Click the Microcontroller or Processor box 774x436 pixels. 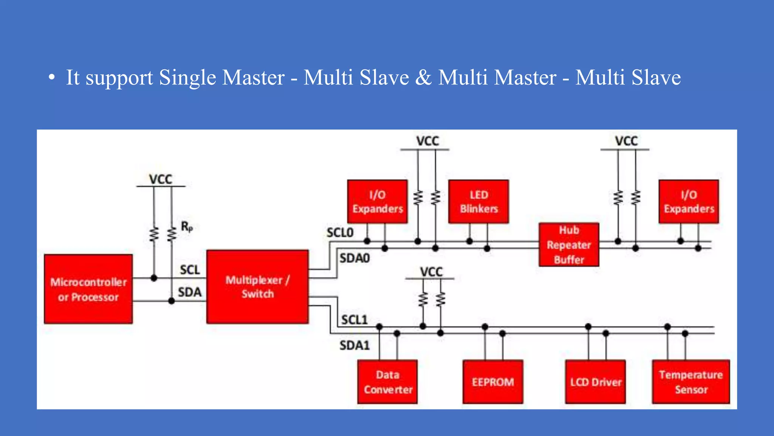coord(88,289)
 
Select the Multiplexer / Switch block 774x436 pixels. coord(257,287)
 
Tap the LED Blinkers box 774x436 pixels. coord(478,202)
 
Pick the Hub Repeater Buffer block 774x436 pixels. coord(569,245)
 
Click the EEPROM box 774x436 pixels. coord(493,382)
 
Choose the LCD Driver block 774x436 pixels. coord(595,382)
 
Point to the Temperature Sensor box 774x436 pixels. coord(691,382)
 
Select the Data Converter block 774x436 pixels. coord(388,382)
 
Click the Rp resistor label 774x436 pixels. coord(187,227)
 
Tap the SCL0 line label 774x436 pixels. coord(340,232)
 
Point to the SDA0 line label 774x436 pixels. coord(354,258)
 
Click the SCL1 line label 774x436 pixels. coord(354,320)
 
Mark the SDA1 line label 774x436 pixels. coord(354,345)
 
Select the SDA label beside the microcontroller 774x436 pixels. coord(190,292)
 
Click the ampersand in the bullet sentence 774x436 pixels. coord(423,78)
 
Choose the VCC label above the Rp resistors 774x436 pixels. coord(161,179)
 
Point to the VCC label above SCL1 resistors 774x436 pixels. coord(431,272)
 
